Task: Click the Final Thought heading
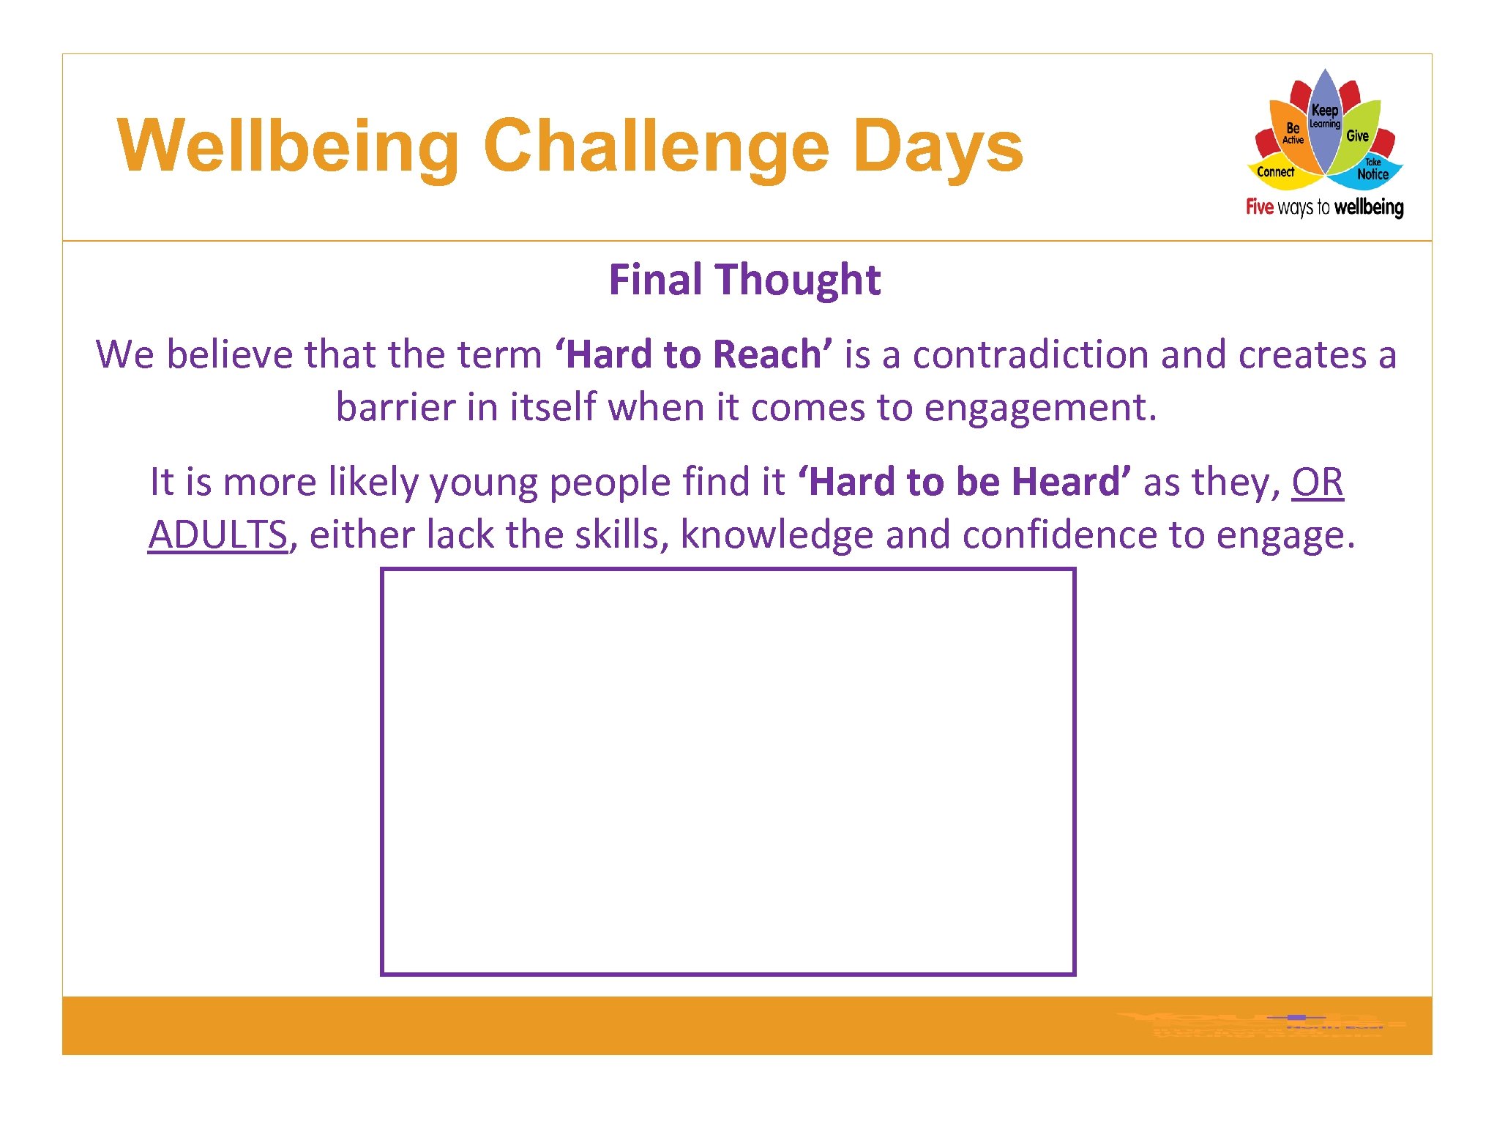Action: point(744,280)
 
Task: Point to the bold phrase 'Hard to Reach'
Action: point(694,354)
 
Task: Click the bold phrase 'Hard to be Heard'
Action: point(964,482)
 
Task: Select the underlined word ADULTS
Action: point(217,535)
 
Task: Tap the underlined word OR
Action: point(1317,482)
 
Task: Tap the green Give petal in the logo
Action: point(1358,135)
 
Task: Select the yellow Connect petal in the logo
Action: point(1275,173)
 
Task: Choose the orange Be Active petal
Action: point(1292,133)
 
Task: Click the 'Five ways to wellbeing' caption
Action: point(1324,207)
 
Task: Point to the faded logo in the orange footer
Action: point(1259,1024)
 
